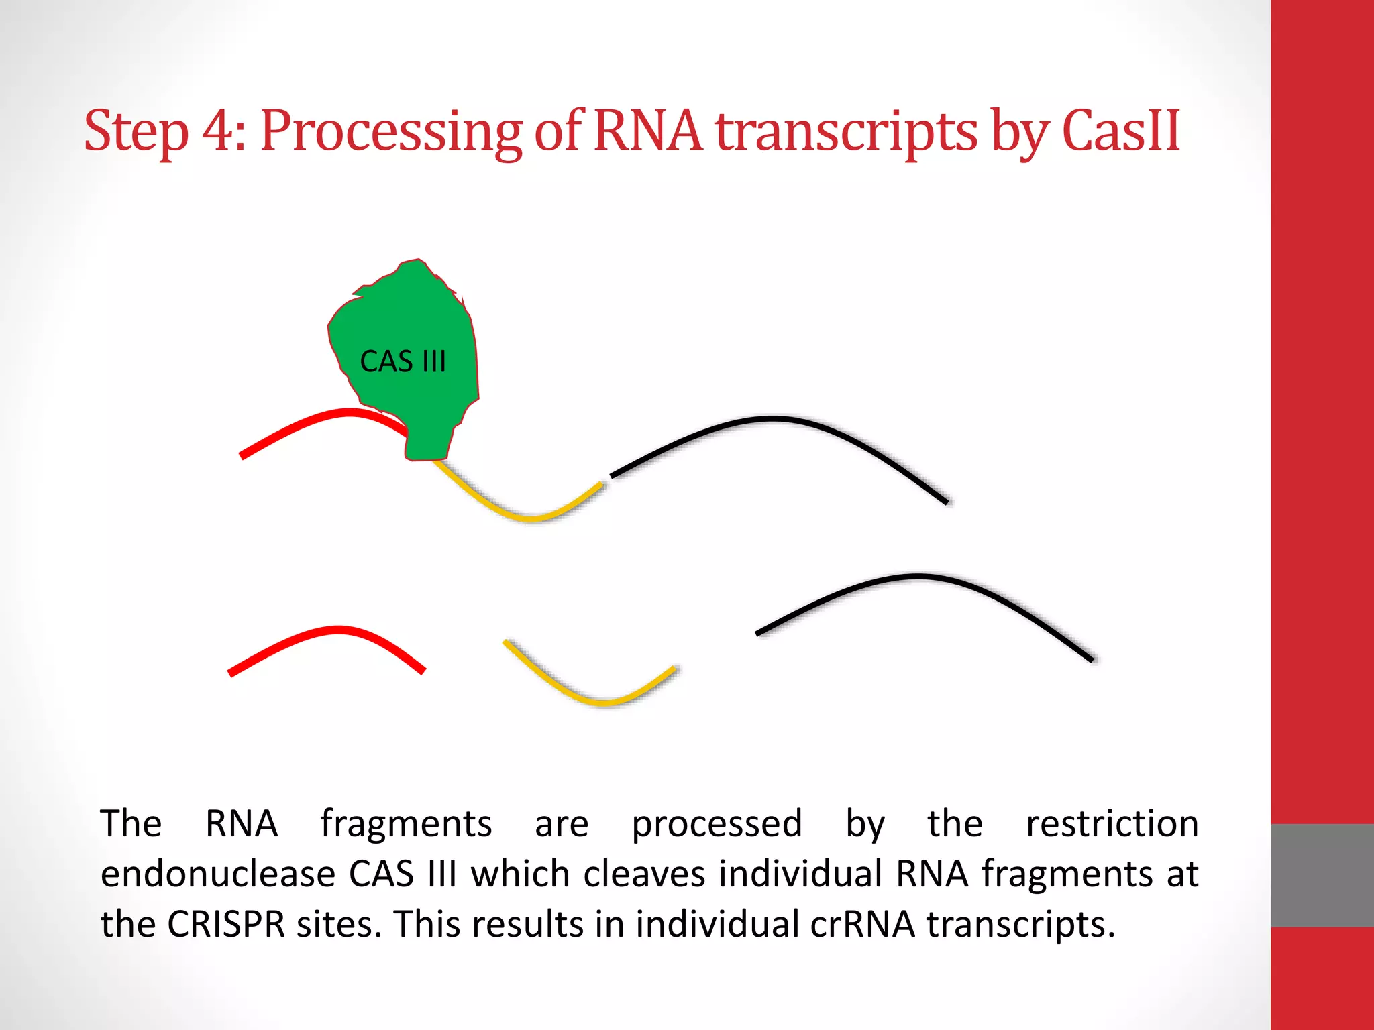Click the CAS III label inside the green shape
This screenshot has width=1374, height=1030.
403,362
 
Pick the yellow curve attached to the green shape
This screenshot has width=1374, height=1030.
530,517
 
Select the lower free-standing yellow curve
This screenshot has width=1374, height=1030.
604,701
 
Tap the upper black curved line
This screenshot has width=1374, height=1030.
772,419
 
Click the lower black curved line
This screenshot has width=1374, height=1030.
919,576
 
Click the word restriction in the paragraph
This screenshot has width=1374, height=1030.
1112,823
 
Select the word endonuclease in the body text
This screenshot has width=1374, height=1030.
217,874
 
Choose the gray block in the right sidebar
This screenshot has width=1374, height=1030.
1322,875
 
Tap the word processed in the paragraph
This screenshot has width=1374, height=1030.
717,823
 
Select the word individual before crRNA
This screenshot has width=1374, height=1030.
717,924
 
